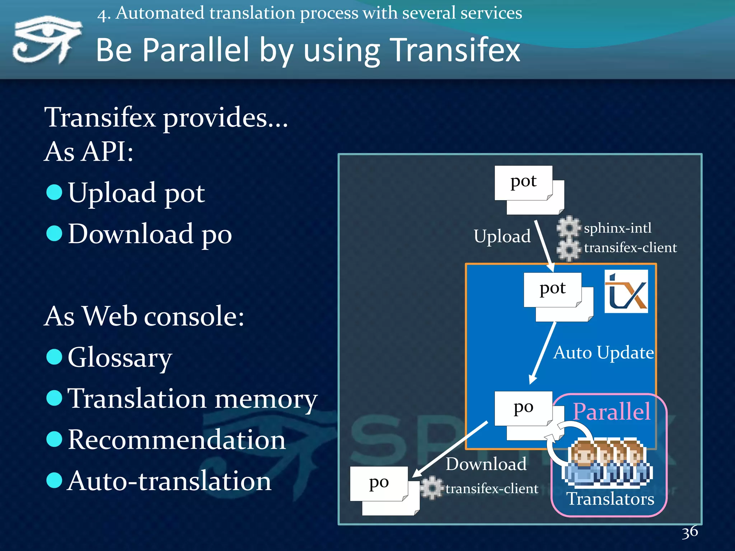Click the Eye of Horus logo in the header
(x=47, y=39)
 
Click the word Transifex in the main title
(x=455, y=50)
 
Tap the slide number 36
(x=690, y=532)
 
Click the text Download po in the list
(x=150, y=234)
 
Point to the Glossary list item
(x=120, y=357)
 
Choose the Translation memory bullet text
(x=192, y=399)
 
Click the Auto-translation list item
(x=169, y=481)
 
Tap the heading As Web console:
(x=144, y=316)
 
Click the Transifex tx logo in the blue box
(x=626, y=291)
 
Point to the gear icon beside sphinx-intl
(x=568, y=227)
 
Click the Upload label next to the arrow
(x=502, y=236)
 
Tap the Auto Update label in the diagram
(x=603, y=353)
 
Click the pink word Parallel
(x=611, y=411)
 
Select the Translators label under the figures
(x=610, y=499)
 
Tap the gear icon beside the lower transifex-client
(x=431, y=488)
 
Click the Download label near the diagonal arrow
(x=486, y=464)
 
